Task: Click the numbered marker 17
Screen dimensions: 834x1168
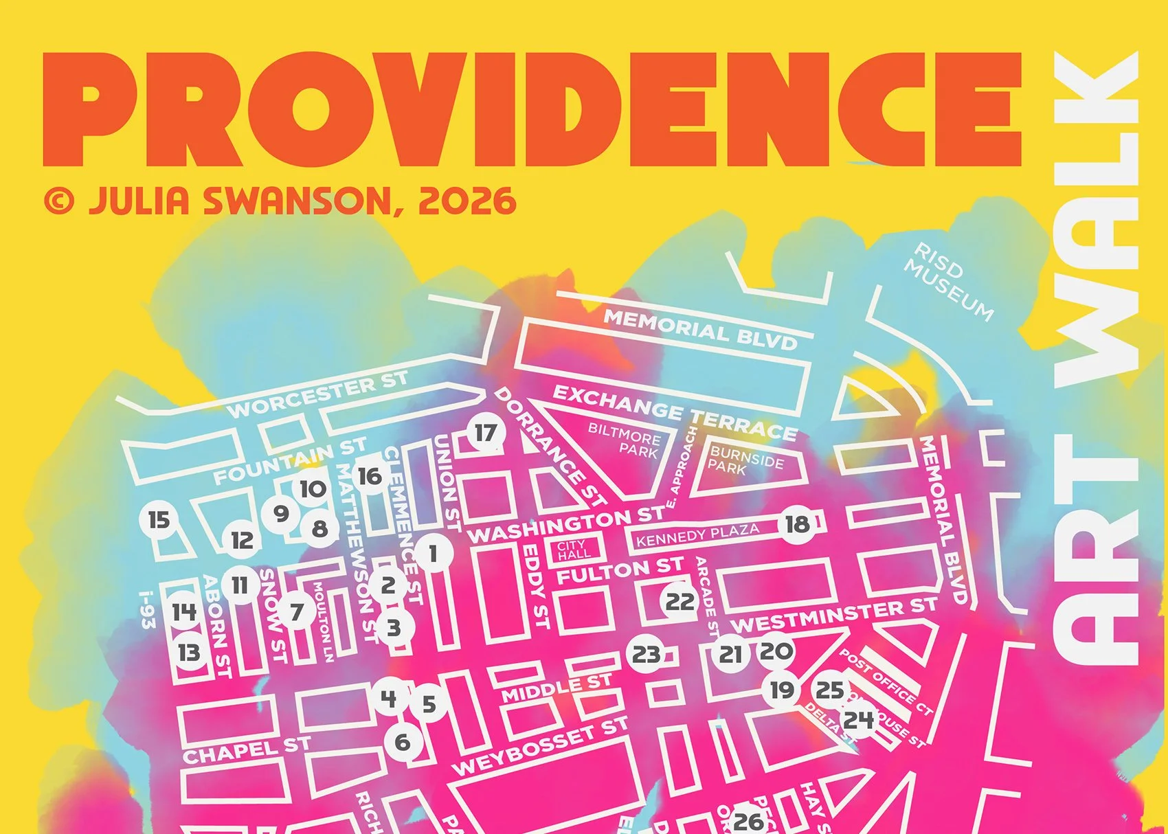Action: coord(486,433)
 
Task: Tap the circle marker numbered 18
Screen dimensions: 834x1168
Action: coord(797,525)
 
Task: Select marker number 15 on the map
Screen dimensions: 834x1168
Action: coord(159,519)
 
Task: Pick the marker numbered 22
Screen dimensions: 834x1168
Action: coord(680,602)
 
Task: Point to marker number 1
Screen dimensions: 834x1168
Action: coord(433,553)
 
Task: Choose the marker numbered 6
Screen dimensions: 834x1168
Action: coord(403,742)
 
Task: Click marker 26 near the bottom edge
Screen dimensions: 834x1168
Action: coord(748,820)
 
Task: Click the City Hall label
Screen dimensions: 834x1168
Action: coord(574,550)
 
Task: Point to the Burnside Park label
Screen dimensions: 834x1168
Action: coord(746,460)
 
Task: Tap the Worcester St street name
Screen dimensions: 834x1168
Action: coord(317,394)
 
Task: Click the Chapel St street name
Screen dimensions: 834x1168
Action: coord(246,750)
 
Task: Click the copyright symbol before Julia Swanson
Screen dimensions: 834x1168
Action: coord(59,201)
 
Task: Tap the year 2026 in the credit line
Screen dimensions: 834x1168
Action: coord(467,201)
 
